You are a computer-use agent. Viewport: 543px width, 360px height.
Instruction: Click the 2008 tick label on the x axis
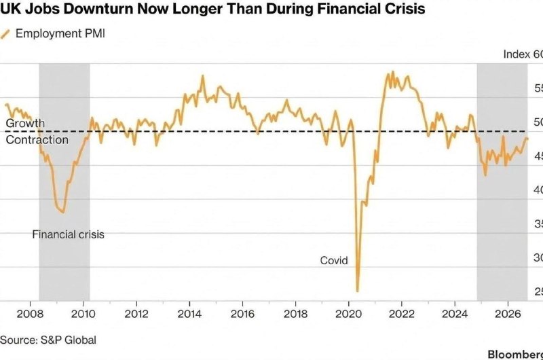30,314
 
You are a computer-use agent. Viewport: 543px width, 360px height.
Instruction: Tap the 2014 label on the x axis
189,314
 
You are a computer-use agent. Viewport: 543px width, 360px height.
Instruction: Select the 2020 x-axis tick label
348,314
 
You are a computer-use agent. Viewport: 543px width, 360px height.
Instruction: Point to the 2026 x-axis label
508,314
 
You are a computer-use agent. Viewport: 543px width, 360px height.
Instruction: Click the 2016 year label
242,314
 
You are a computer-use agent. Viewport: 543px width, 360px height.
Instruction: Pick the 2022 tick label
402,314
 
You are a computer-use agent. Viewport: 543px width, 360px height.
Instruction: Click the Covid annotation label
334,260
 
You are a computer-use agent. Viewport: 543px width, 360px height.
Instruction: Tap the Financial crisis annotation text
69,234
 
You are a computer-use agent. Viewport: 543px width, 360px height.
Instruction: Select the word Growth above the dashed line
25,124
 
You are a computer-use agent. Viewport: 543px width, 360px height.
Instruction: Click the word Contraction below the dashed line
37,140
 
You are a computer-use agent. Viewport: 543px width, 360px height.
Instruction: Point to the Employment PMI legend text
60,33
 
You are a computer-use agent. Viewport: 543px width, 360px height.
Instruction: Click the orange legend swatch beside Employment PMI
5,34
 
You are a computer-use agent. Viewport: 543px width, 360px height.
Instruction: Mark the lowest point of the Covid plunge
358,291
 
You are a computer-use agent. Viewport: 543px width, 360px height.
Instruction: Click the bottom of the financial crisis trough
63,212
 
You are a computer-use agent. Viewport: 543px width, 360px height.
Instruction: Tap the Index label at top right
517,54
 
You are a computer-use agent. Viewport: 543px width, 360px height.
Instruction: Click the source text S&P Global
69,340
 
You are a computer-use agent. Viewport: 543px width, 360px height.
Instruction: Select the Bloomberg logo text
515,354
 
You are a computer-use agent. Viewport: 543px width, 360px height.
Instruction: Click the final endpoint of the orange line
527,139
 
